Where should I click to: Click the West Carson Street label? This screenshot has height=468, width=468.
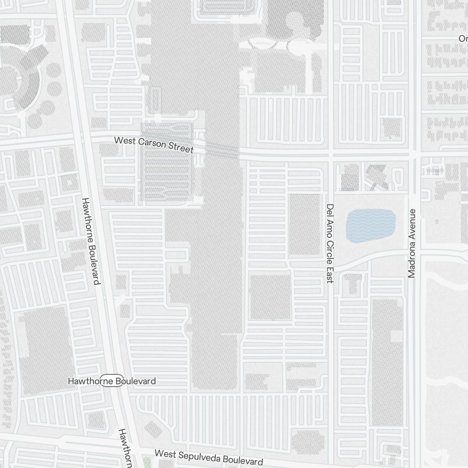pos(154,145)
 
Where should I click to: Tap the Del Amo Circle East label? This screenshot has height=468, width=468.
pos(330,243)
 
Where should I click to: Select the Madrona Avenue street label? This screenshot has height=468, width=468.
pos(412,243)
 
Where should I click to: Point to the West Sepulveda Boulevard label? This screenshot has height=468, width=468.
pos(209,457)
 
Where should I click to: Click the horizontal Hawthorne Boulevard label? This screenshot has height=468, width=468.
pos(112,381)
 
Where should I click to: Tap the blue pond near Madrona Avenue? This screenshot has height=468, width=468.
pos(371,226)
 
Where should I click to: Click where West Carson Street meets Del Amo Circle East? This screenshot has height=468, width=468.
pos(330,154)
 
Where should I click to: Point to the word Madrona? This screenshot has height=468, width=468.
pos(412,260)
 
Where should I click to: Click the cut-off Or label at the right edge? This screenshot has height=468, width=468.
pos(463,38)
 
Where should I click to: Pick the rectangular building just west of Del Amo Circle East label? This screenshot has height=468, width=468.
pos(304,224)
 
